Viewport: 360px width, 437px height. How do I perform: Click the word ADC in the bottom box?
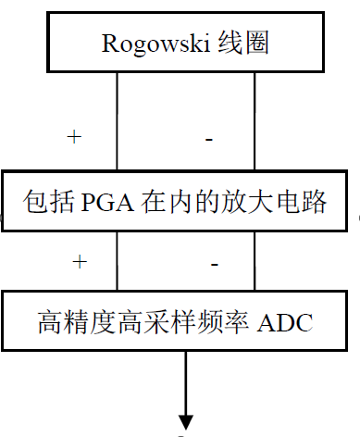coord(290,322)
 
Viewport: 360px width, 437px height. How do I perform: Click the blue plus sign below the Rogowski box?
coord(74,137)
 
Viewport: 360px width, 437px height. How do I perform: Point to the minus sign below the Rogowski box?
coord(210,139)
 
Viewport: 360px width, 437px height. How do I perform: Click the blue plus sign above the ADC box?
coord(80,262)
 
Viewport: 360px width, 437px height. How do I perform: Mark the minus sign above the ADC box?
coord(215,265)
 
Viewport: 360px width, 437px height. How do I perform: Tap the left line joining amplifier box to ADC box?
coord(117,262)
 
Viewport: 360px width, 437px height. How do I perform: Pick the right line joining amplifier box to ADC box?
coord(254,262)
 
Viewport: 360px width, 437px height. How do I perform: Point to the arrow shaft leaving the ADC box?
coord(186,380)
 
